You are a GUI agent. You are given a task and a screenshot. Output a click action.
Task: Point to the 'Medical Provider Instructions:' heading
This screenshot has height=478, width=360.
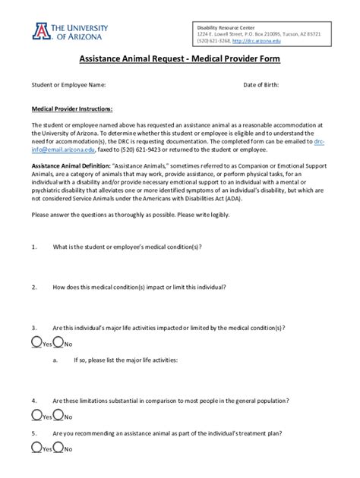pos(72,108)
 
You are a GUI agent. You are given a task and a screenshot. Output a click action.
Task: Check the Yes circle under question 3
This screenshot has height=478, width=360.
pos(36,343)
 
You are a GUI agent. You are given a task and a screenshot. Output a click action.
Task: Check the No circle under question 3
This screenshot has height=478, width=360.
pos(58,343)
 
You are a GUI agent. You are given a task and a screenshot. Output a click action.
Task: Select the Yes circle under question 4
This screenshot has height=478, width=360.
pos(36,415)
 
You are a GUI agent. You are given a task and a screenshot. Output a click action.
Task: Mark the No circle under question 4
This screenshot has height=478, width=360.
pos(58,415)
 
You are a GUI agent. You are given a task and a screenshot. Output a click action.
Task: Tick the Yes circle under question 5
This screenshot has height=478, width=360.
pos(36,449)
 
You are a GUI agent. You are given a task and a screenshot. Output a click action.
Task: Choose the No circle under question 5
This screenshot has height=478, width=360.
pos(58,449)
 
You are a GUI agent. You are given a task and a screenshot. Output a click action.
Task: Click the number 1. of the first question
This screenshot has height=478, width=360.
pos(34,247)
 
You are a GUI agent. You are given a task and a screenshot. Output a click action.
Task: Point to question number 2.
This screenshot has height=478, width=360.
pos(34,288)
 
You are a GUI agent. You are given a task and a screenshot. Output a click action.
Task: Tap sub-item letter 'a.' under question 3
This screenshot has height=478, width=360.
pos(56,360)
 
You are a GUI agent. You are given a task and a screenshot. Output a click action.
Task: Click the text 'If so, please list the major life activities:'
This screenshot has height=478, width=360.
pos(125,360)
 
